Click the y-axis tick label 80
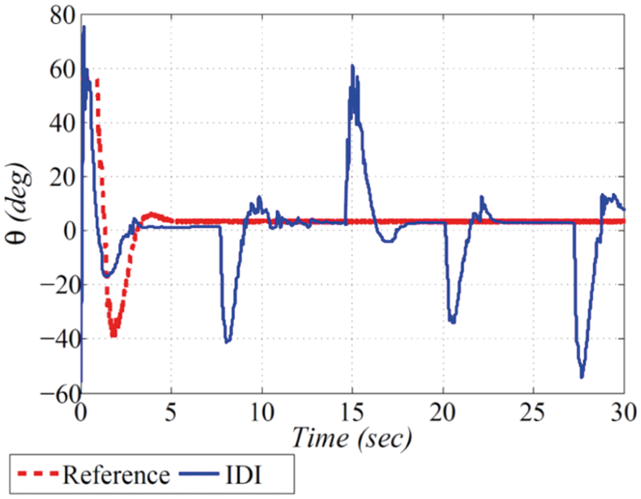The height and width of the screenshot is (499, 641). (x=61, y=15)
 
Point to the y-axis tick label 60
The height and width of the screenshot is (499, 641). (x=61, y=69)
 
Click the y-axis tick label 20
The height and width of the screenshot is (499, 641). (x=61, y=177)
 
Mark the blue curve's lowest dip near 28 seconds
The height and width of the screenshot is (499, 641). (x=582, y=377)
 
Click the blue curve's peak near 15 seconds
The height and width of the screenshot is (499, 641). (x=351, y=66)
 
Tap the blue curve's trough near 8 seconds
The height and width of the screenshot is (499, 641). (x=226, y=342)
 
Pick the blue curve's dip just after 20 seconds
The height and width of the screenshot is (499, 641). (x=452, y=322)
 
